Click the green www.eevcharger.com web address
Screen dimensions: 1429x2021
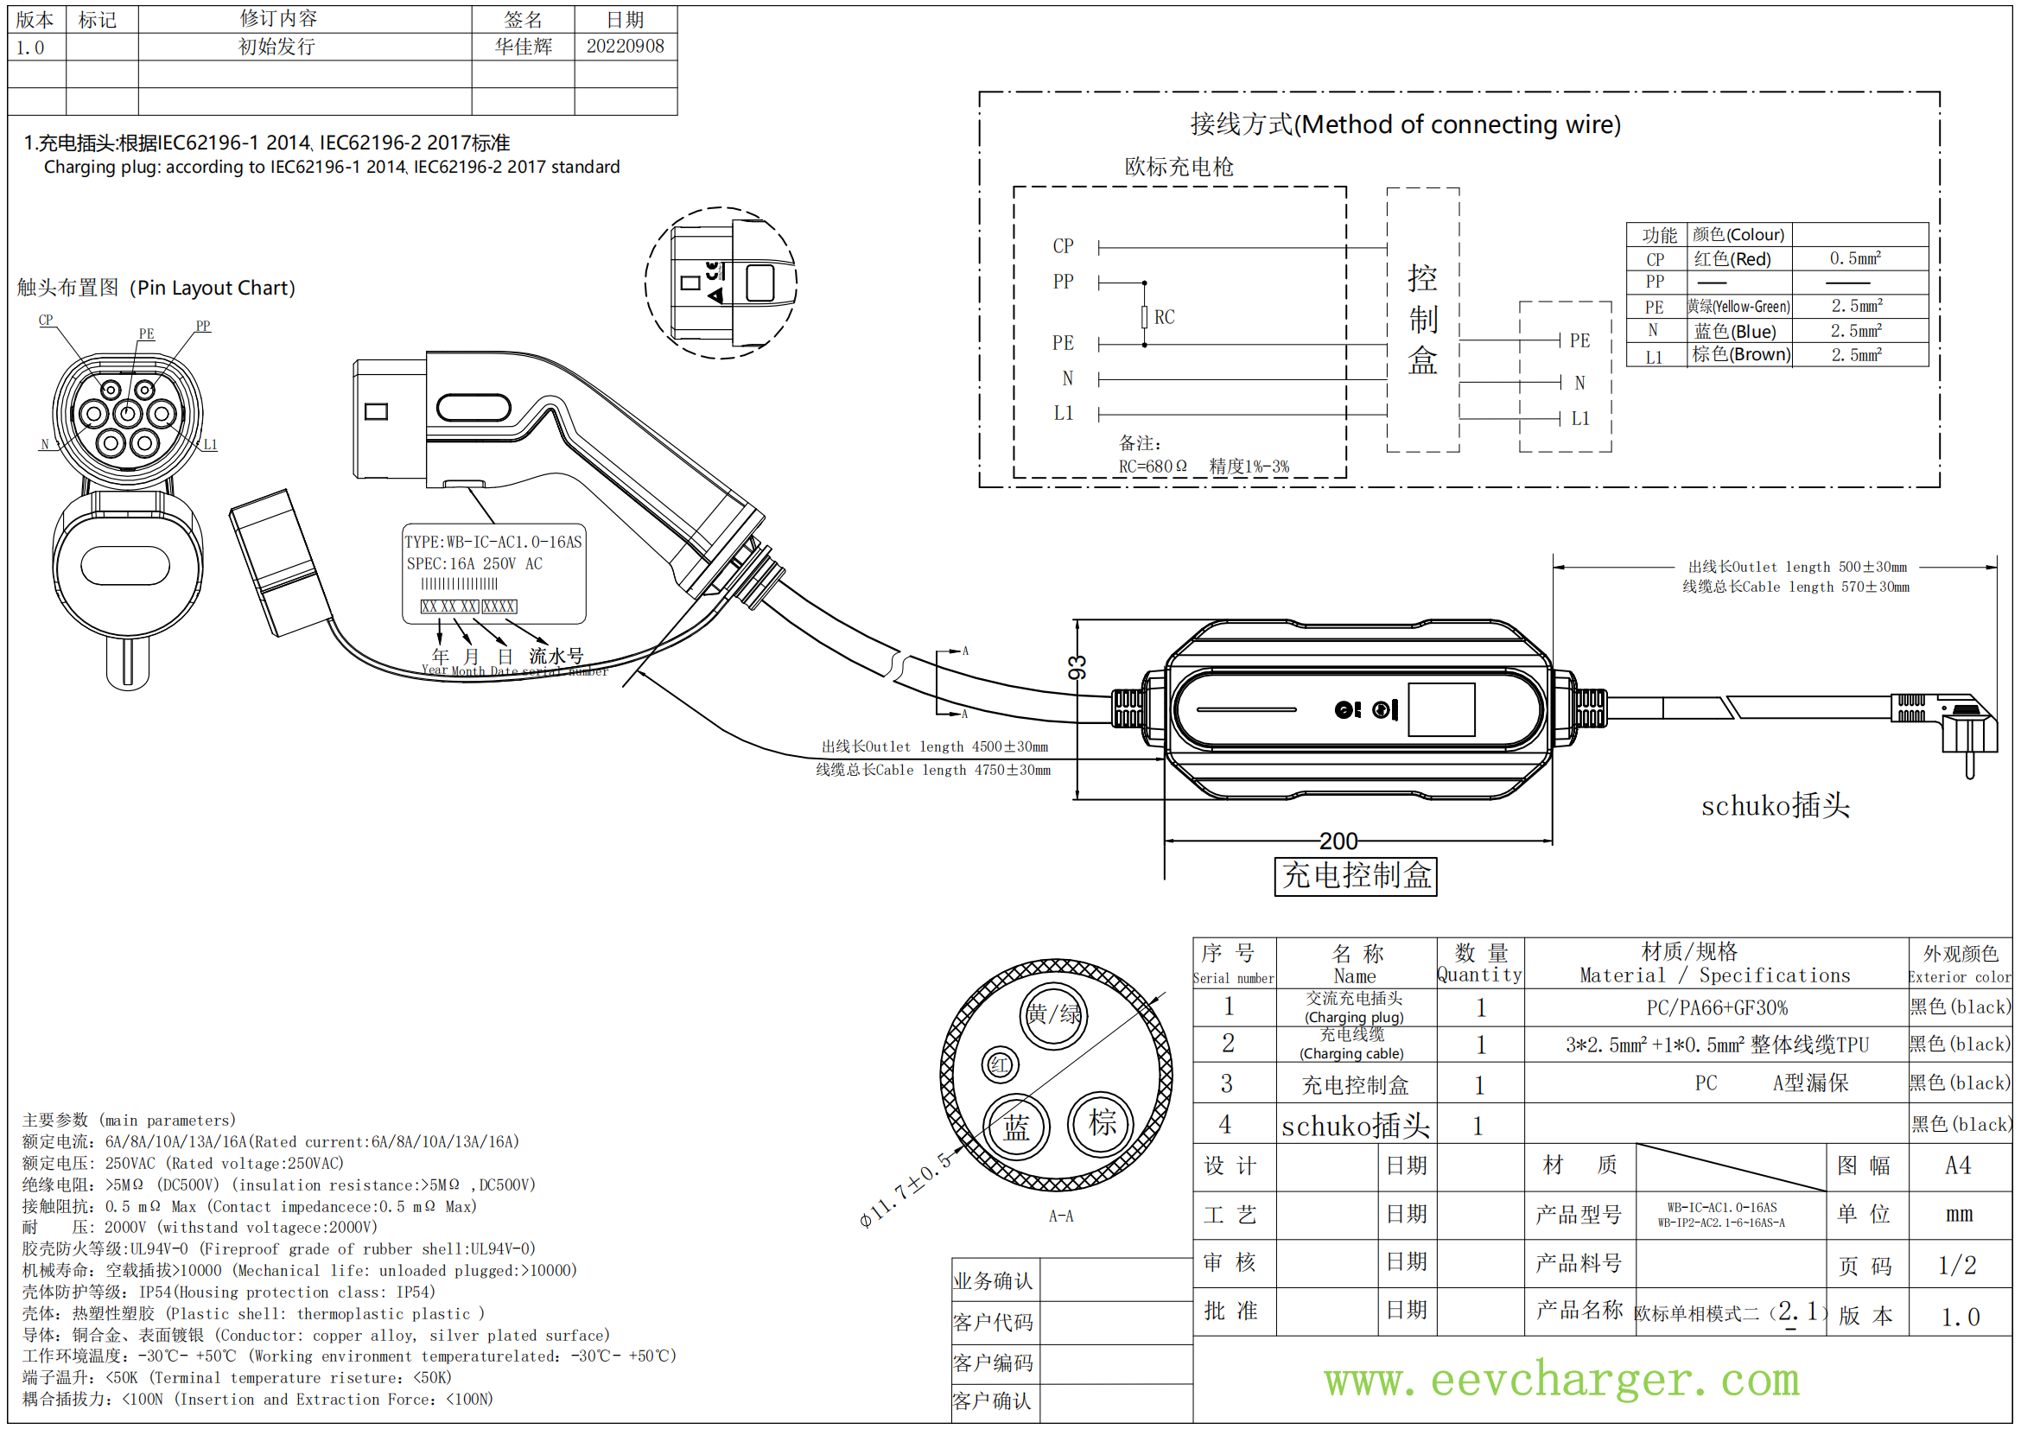[x=1560, y=1379]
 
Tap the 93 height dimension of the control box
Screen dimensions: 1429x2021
[x=1077, y=667]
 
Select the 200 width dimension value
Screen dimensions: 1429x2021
[x=1338, y=841]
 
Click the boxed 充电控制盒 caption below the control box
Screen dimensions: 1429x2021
[x=1355, y=875]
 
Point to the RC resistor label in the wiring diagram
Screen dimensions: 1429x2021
[x=1164, y=317]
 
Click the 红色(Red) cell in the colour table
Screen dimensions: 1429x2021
[x=1732, y=258]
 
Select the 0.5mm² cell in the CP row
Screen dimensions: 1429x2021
[x=1854, y=257]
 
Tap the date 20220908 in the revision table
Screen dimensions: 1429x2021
[x=625, y=46]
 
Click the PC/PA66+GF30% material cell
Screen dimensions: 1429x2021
[x=1716, y=1007]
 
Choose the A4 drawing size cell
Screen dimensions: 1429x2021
[x=1958, y=1165]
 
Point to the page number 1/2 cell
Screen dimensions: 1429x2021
[x=1958, y=1266]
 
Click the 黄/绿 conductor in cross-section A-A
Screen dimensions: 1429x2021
[x=1052, y=1014]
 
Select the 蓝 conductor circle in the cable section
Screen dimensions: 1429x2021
[x=1016, y=1128]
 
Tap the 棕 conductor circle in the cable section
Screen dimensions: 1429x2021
[x=1102, y=1123]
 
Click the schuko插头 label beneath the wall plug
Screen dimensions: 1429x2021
[x=1775, y=805]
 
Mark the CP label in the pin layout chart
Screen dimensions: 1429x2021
[x=46, y=321]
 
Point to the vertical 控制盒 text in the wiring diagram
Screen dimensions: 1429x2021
[x=1422, y=319]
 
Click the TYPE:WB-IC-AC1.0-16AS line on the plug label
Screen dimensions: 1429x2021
[x=493, y=542]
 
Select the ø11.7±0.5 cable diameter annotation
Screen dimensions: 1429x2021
[x=906, y=1189]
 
